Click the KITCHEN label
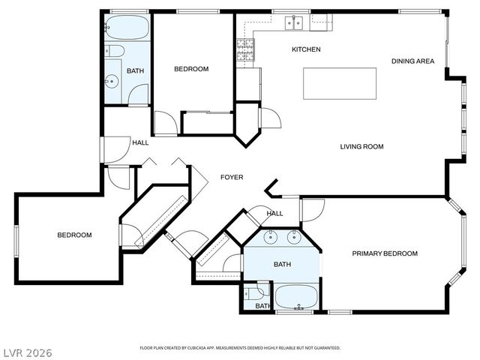click(306, 49)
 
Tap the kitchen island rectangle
click(339, 83)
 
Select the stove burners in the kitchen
click(244, 49)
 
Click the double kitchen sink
click(292, 23)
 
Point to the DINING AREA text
click(412, 61)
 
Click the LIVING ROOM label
click(361, 147)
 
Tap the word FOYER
click(231, 178)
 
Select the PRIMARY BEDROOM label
click(385, 254)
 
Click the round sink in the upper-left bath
click(112, 81)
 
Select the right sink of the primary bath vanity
click(295, 238)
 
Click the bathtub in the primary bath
click(298, 296)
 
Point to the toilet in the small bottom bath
click(258, 291)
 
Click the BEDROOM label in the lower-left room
click(74, 235)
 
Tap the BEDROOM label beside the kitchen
click(191, 70)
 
